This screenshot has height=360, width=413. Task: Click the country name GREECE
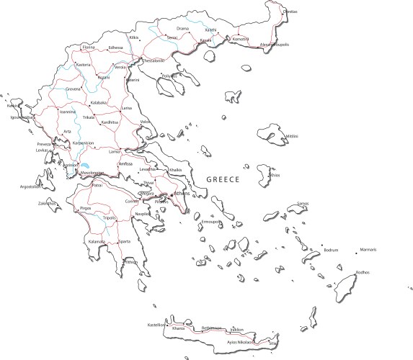click(223, 179)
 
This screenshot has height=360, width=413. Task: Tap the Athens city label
click(181, 194)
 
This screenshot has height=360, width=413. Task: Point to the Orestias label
click(290, 12)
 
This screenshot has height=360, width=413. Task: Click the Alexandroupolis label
click(274, 45)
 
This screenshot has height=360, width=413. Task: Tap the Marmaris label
click(368, 250)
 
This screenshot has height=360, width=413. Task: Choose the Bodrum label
click(331, 250)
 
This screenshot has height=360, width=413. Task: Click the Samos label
click(303, 204)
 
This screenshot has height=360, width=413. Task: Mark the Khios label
click(275, 175)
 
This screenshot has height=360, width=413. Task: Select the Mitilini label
click(292, 136)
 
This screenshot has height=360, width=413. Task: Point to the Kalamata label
click(97, 241)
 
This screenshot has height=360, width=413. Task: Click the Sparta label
click(125, 241)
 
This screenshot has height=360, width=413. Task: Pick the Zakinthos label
click(48, 203)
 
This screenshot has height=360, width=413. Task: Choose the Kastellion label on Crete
click(156, 325)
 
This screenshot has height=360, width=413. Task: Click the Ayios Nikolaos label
click(241, 342)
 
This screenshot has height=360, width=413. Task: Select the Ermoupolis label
click(211, 222)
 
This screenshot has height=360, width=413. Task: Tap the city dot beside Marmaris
click(357, 251)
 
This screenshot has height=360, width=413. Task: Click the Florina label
click(89, 48)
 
